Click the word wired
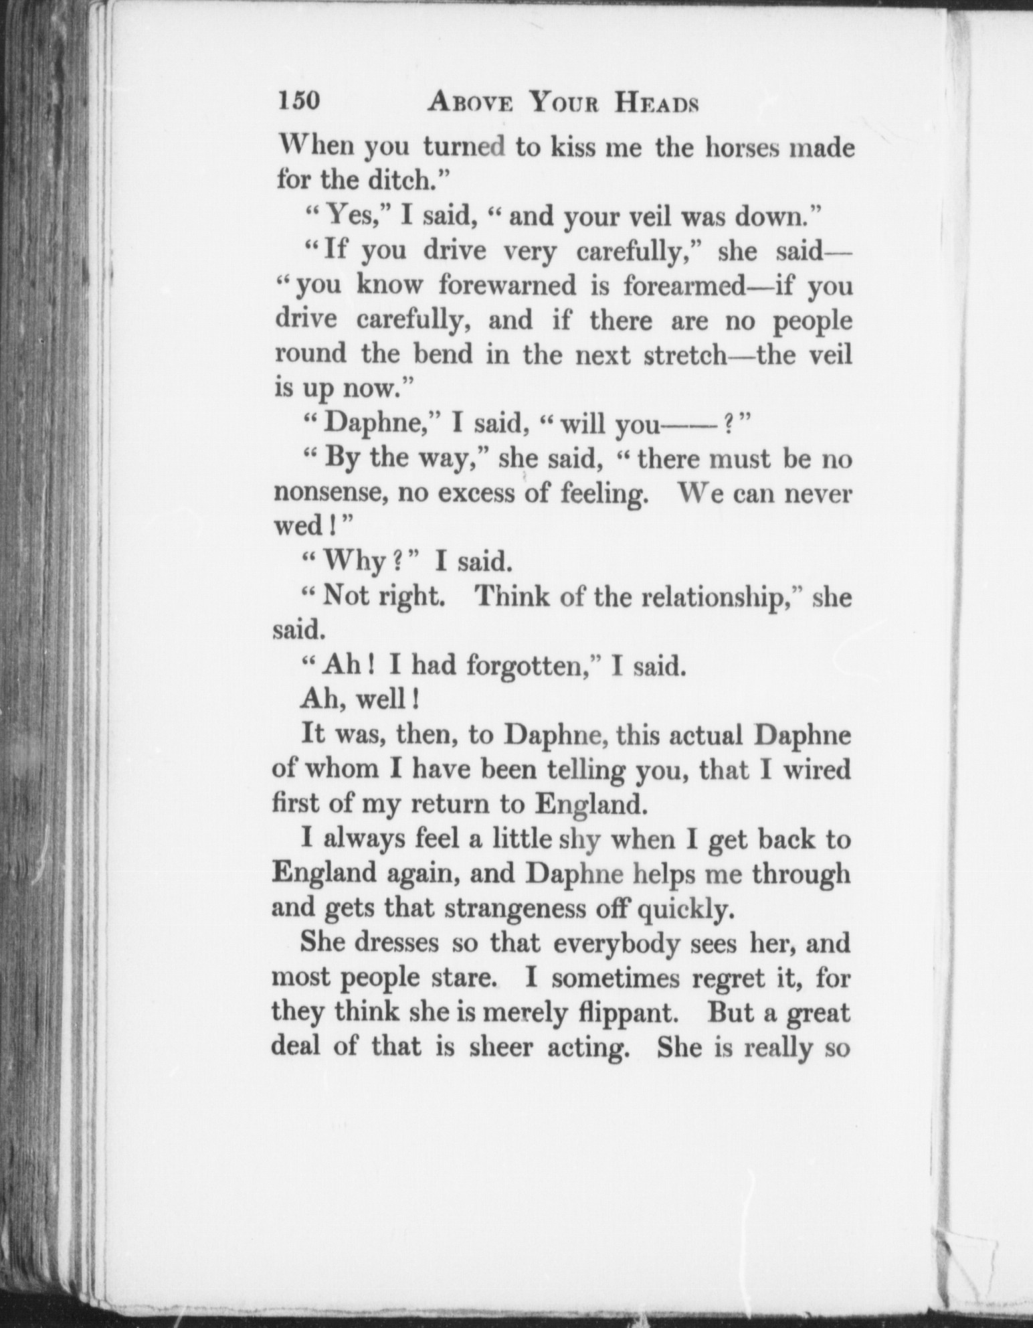tap(816, 770)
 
